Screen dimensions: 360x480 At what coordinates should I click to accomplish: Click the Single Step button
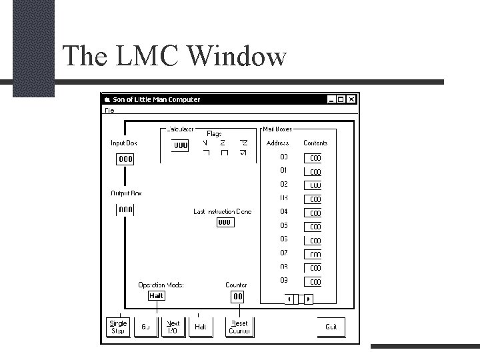(117, 327)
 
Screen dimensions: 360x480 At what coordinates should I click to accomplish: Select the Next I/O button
(173, 327)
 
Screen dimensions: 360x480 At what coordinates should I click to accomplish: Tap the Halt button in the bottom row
(200, 327)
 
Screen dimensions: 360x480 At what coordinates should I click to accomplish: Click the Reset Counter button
(239, 327)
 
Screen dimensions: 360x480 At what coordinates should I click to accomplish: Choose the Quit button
(331, 327)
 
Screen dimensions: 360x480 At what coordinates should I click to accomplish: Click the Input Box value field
(125, 159)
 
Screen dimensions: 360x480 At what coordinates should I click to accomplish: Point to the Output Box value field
(125, 210)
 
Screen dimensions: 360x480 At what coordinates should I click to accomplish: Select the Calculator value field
(181, 145)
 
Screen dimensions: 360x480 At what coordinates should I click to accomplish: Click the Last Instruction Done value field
(225, 222)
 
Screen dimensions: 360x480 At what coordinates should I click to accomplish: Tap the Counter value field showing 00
(237, 297)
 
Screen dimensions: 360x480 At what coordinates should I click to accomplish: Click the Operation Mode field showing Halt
(156, 296)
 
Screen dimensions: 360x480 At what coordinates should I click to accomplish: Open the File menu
(109, 110)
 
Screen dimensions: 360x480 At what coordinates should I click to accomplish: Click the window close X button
(352, 100)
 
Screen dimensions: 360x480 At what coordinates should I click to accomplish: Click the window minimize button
(331, 100)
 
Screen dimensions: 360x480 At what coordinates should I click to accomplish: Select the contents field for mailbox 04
(313, 213)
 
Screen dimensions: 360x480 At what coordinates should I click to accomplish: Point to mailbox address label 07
(284, 253)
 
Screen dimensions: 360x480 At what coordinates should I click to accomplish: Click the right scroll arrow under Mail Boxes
(309, 299)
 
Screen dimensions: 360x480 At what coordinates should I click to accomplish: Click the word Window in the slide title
(237, 56)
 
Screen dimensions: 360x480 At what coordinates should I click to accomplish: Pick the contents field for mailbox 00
(313, 158)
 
